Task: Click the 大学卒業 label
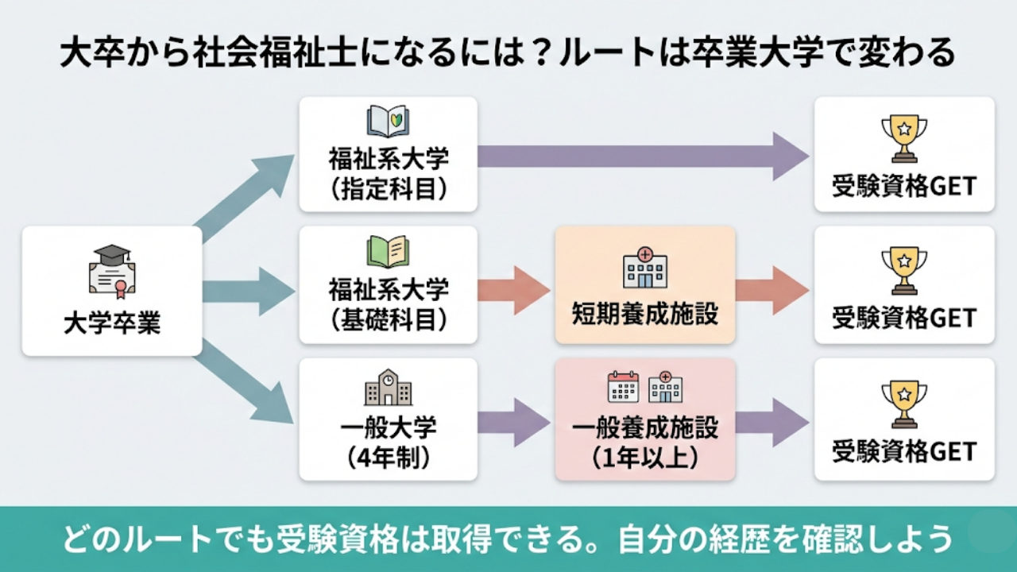[x=111, y=325]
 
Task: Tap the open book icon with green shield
[x=388, y=122]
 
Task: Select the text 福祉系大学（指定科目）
[x=388, y=173]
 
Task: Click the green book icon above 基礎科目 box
[x=388, y=251]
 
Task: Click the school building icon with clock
[x=388, y=388]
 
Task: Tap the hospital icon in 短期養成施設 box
[x=644, y=268]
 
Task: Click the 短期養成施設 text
[x=644, y=314]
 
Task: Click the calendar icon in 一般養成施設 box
[x=623, y=387]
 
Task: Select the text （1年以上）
[x=644, y=457]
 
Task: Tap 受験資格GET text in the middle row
[x=904, y=319]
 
